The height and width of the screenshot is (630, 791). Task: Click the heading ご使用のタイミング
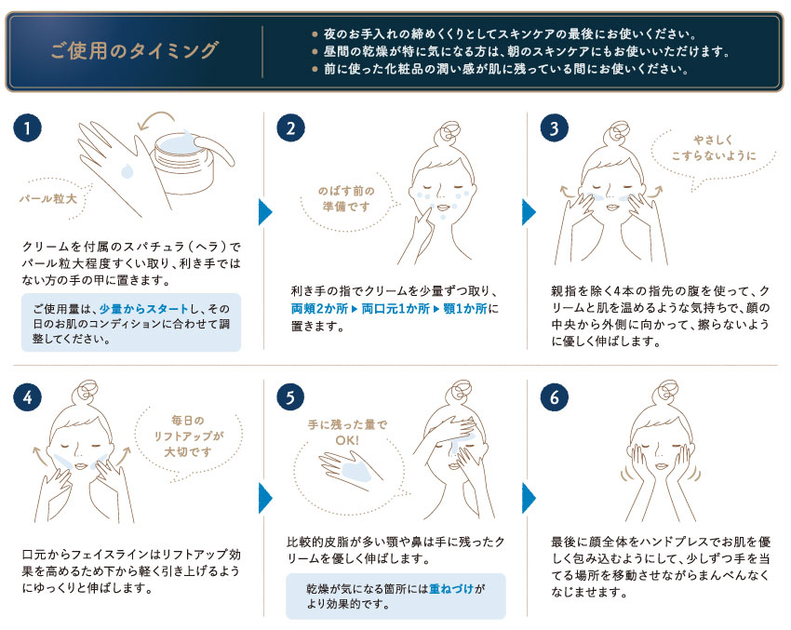(x=135, y=50)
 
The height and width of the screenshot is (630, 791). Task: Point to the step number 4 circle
(x=28, y=396)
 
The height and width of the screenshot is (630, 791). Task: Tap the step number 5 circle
(x=291, y=396)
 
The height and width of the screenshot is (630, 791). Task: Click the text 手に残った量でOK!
(x=347, y=430)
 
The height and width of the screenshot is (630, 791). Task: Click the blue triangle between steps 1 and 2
(x=265, y=212)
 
